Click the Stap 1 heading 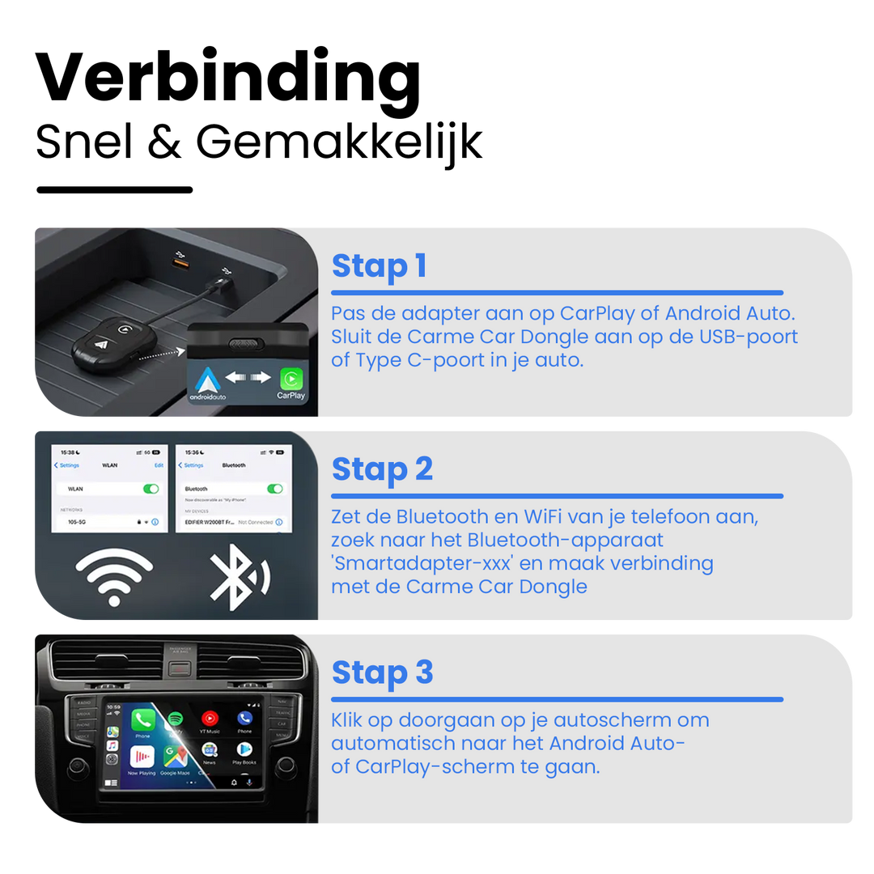tap(379, 266)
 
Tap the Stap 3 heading tap(382, 672)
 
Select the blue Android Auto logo tap(208, 380)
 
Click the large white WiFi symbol tap(114, 577)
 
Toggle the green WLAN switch tap(151, 489)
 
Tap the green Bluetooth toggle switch tap(275, 489)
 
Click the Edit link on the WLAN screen tap(159, 465)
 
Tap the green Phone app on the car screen tap(143, 719)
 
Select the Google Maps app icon tap(176, 757)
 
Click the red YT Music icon tap(210, 719)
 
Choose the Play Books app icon tap(244, 752)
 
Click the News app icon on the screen tap(210, 752)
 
